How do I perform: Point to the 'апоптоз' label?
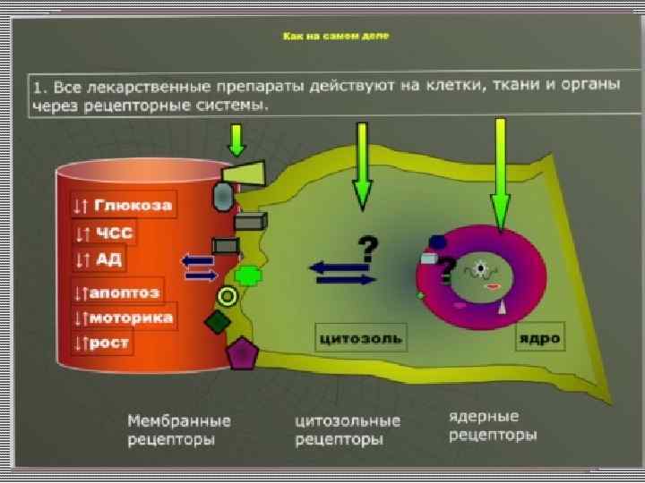[x=116, y=292]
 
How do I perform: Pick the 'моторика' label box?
[x=124, y=318]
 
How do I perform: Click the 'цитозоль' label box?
[x=360, y=338]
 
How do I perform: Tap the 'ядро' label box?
[x=538, y=338]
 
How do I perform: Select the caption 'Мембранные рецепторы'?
[x=179, y=429]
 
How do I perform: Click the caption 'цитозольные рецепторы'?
[x=348, y=429]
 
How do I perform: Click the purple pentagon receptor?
[x=240, y=354]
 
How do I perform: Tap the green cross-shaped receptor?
[x=248, y=275]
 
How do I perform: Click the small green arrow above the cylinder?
[x=236, y=140]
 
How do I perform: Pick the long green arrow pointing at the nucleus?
[x=500, y=174]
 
